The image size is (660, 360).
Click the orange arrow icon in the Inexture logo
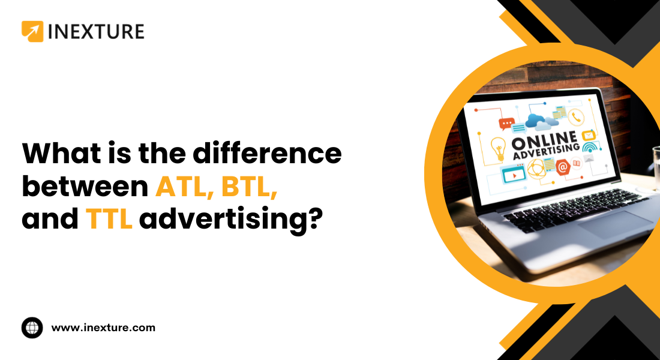(x=32, y=32)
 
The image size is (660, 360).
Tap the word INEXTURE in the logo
(x=96, y=32)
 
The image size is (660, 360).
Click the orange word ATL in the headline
(x=182, y=187)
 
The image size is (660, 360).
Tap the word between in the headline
(x=85, y=187)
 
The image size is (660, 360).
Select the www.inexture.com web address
(x=103, y=328)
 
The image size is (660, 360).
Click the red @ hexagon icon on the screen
(x=562, y=167)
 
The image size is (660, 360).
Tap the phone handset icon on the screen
(x=578, y=117)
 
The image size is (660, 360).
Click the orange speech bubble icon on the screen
(x=506, y=124)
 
